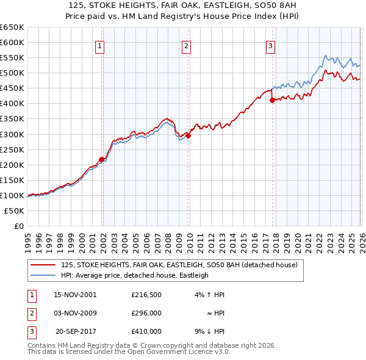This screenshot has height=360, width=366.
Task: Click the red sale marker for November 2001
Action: pos(101,159)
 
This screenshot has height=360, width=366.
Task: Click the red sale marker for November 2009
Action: pos(188,135)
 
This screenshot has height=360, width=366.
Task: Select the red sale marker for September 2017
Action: pos(272,101)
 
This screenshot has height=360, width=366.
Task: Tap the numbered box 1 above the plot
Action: pos(99,45)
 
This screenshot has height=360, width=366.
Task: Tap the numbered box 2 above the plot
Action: pos(185,45)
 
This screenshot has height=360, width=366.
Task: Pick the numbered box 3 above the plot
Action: pos(270,45)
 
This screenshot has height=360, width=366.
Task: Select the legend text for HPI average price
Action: pos(135,276)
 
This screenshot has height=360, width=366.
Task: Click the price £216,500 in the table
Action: pos(146,295)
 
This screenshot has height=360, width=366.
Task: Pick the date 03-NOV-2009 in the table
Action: pos(75,313)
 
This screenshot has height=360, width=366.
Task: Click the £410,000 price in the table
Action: pos(146,331)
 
